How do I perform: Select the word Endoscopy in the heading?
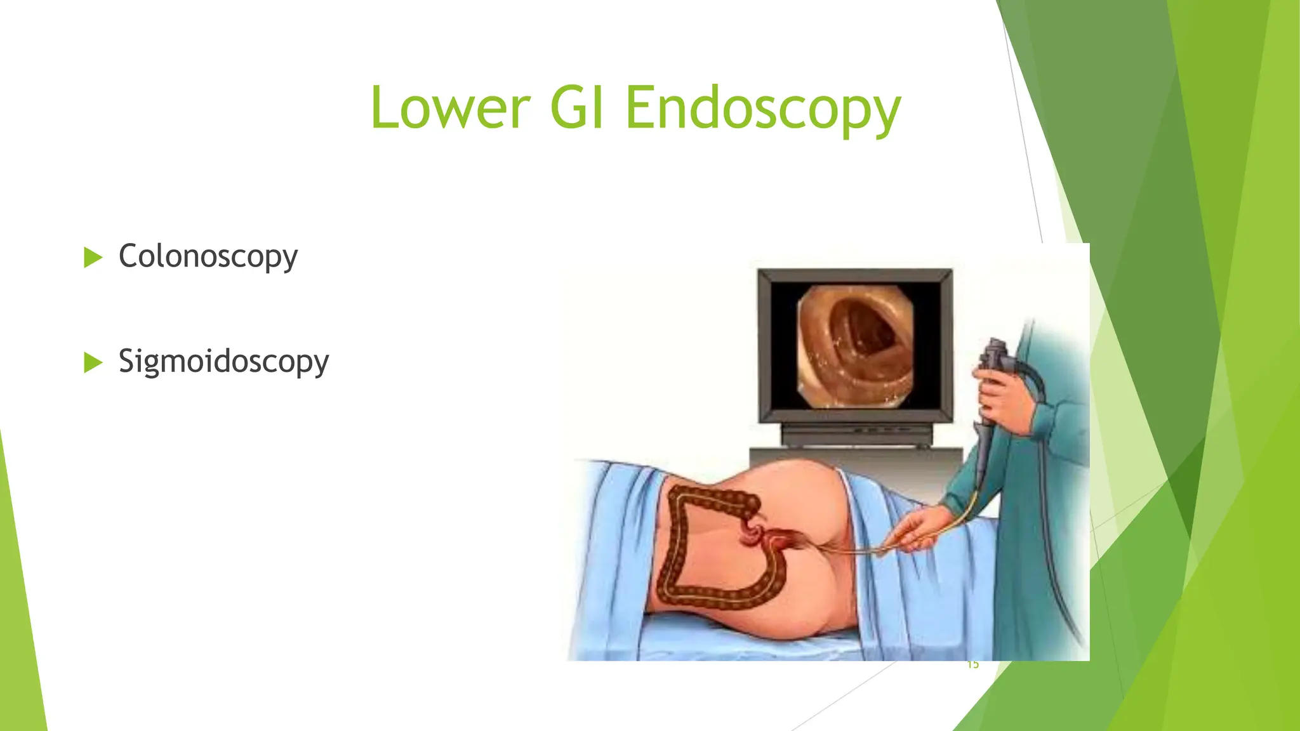click(762, 109)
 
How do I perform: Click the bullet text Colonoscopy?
click(208, 257)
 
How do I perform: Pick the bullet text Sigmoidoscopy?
click(223, 362)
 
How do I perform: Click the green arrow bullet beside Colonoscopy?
click(93, 258)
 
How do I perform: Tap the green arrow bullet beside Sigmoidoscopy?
click(93, 363)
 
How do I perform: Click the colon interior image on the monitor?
click(855, 345)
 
